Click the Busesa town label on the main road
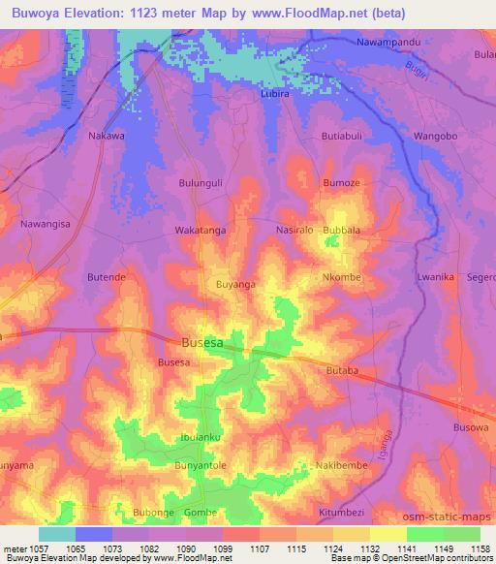coord(205,342)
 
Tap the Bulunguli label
coord(201,181)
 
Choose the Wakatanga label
coord(200,231)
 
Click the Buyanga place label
coord(235,284)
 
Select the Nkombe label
coord(341,277)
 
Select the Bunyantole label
coord(200,466)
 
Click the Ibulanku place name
coord(201,436)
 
